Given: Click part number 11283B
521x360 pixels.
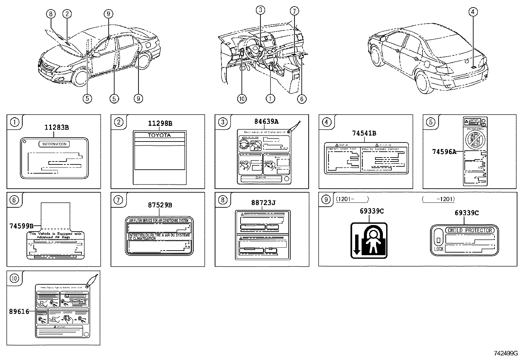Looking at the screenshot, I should coord(57,128).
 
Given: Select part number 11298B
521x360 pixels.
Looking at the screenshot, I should coord(160,123).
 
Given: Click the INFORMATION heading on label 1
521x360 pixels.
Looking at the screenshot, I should coord(54,144).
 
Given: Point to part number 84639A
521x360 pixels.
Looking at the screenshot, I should coord(266,122).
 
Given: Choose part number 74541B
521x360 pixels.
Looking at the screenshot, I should coord(364,133).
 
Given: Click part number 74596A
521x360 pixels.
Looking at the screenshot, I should coord(443,152).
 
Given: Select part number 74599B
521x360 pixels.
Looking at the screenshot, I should coord(21,226).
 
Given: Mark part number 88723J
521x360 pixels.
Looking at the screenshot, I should coord(263,203).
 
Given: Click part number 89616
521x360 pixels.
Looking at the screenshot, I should coord(19,312).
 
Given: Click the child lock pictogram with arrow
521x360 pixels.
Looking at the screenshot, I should coord(369,241).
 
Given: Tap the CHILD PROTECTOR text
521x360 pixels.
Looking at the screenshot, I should coord(469,230).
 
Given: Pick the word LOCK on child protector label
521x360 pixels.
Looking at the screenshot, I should coord(439,249).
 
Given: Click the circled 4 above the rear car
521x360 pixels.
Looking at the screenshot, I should coord(473,12).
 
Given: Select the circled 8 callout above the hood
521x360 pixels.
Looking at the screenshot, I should coord(50,14).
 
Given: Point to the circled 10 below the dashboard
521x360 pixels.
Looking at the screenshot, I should coord(242,98).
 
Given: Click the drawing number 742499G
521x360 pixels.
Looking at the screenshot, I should coord(506,353).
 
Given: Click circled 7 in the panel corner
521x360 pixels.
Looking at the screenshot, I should coord(118,200).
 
